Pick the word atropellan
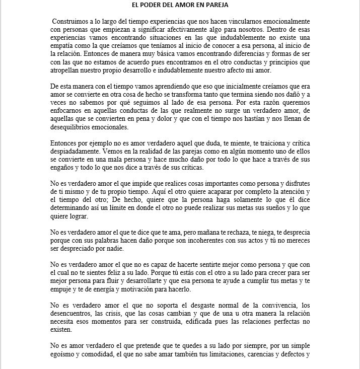pyautogui.click(x=68, y=70)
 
